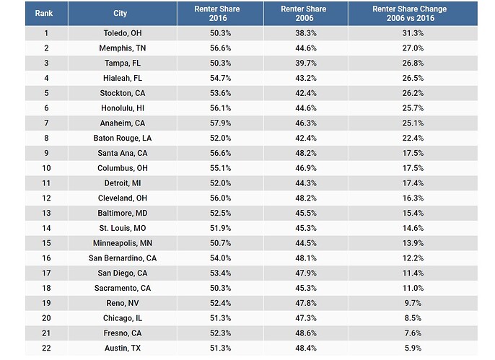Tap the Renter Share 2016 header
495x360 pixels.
pyautogui.click(x=219, y=13)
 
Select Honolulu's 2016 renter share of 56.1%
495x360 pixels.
pyautogui.click(x=219, y=108)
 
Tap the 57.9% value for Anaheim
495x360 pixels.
pyautogui.click(x=219, y=123)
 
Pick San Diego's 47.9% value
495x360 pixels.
pyautogui.click(x=305, y=273)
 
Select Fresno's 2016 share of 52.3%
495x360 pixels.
pyautogui.click(x=219, y=333)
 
